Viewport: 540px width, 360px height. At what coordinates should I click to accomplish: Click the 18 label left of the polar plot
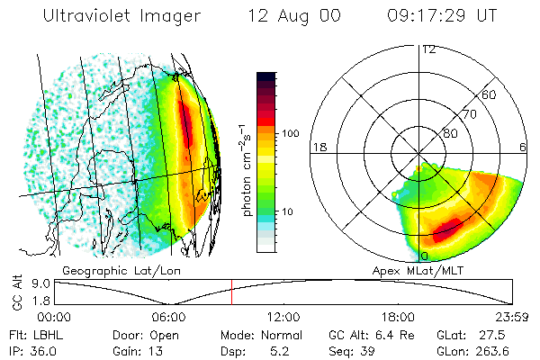318,147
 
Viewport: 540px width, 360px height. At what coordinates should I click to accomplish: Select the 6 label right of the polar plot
523,147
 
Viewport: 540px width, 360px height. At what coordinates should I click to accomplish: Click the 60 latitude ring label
490,94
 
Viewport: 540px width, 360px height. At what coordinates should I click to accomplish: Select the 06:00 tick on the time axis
169,317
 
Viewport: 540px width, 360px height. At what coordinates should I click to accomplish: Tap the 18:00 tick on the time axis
398,317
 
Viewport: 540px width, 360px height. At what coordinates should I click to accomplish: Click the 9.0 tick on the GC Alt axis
39,283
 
